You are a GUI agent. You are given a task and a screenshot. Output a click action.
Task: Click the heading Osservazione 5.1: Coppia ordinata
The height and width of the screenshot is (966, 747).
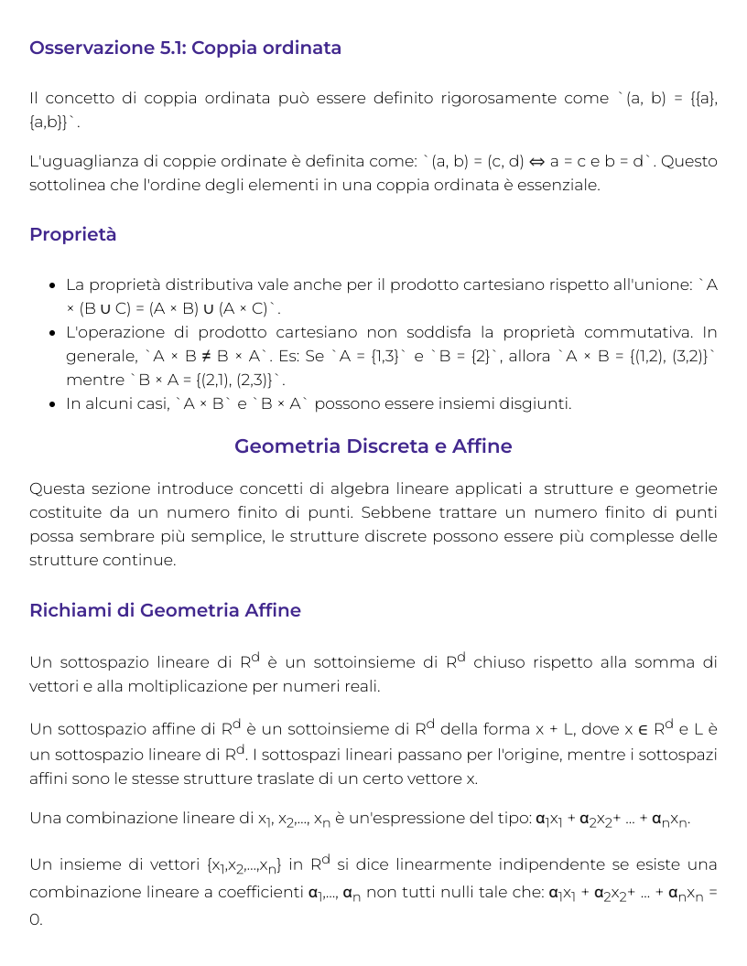[185, 48]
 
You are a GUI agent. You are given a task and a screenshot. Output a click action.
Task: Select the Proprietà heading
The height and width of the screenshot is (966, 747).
[72, 234]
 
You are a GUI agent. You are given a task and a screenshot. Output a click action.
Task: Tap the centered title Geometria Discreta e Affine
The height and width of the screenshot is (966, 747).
[373, 446]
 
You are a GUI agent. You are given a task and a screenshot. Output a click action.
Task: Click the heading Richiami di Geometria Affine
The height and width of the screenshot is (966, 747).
[165, 610]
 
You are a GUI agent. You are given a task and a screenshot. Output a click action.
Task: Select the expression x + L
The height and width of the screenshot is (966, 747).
[550, 729]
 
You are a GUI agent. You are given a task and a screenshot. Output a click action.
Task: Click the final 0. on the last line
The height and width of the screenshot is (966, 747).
[36, 918]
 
